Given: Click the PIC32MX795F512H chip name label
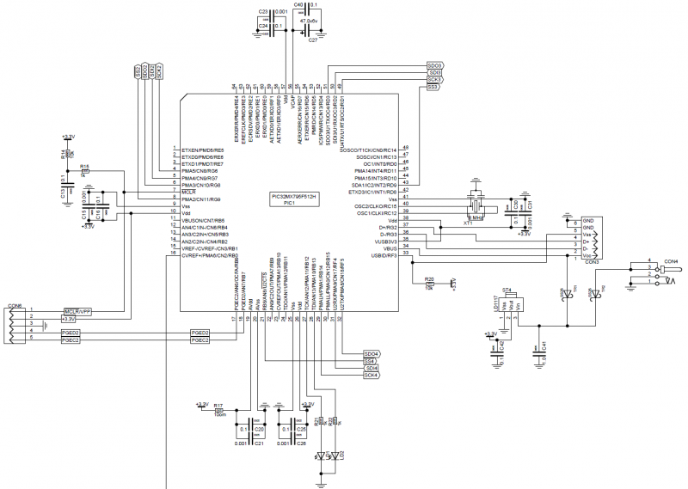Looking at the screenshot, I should pyautogui.click(x=295, y=196).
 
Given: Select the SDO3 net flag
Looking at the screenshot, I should pyautogui.click(x=434, y=65).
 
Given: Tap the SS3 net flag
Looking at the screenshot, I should pyautogui.click(x=433, y=88).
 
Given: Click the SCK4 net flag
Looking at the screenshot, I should pyautogui.click(x=371, y=376).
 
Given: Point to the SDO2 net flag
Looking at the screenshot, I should pyautogui.click(x=151, y=72).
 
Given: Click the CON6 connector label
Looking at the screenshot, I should pyautogui.click(x=15, y=305).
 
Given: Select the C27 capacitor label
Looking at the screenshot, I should pyautogui.click(x=312, y=40).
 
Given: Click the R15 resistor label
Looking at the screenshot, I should pyautogui.click(x=83, y=166).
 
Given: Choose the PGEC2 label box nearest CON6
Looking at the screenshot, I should pyautogui.click(x=71, y=340).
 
